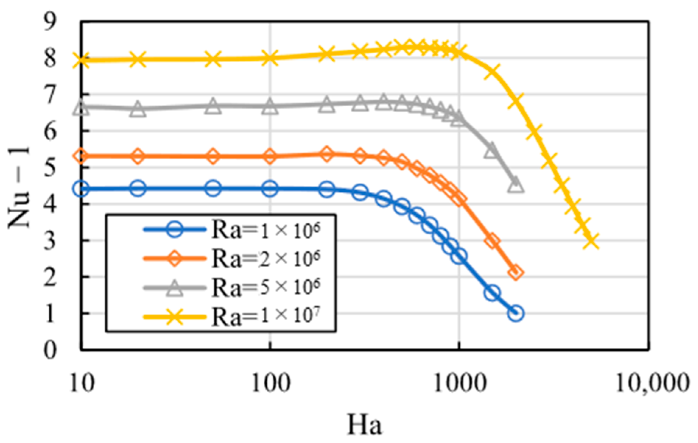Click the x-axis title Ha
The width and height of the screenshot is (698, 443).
pyautogui.click(x=364, y=425)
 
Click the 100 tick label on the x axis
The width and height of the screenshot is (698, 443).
pyautogui.click(x=271, y=383)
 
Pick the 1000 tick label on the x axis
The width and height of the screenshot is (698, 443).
pyautogui.click(x=459, y=383)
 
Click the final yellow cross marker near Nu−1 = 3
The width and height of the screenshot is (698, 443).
pyautogui.click(x=592, y=241)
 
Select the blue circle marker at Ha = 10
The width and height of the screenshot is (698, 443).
pyautogui.click(x=81, y=189)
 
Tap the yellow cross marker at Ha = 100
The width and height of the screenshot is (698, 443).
pyautogui.click(x=270, y=58)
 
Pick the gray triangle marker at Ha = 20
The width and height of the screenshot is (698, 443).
pyautogui.click(x=138, y=109)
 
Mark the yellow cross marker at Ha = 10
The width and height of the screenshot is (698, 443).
pyautogui.click(x=81, y=60)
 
